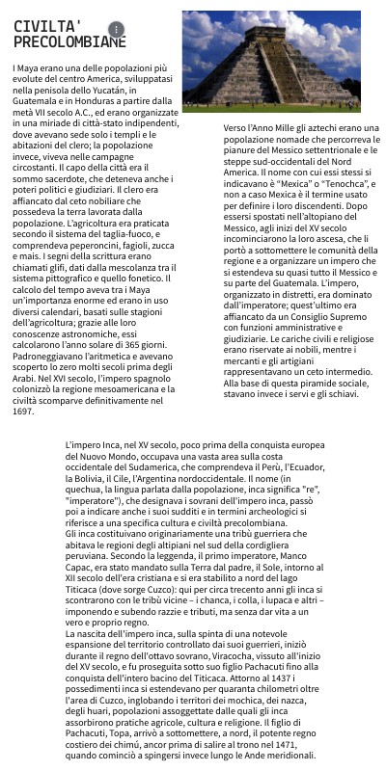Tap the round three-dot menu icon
116,30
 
